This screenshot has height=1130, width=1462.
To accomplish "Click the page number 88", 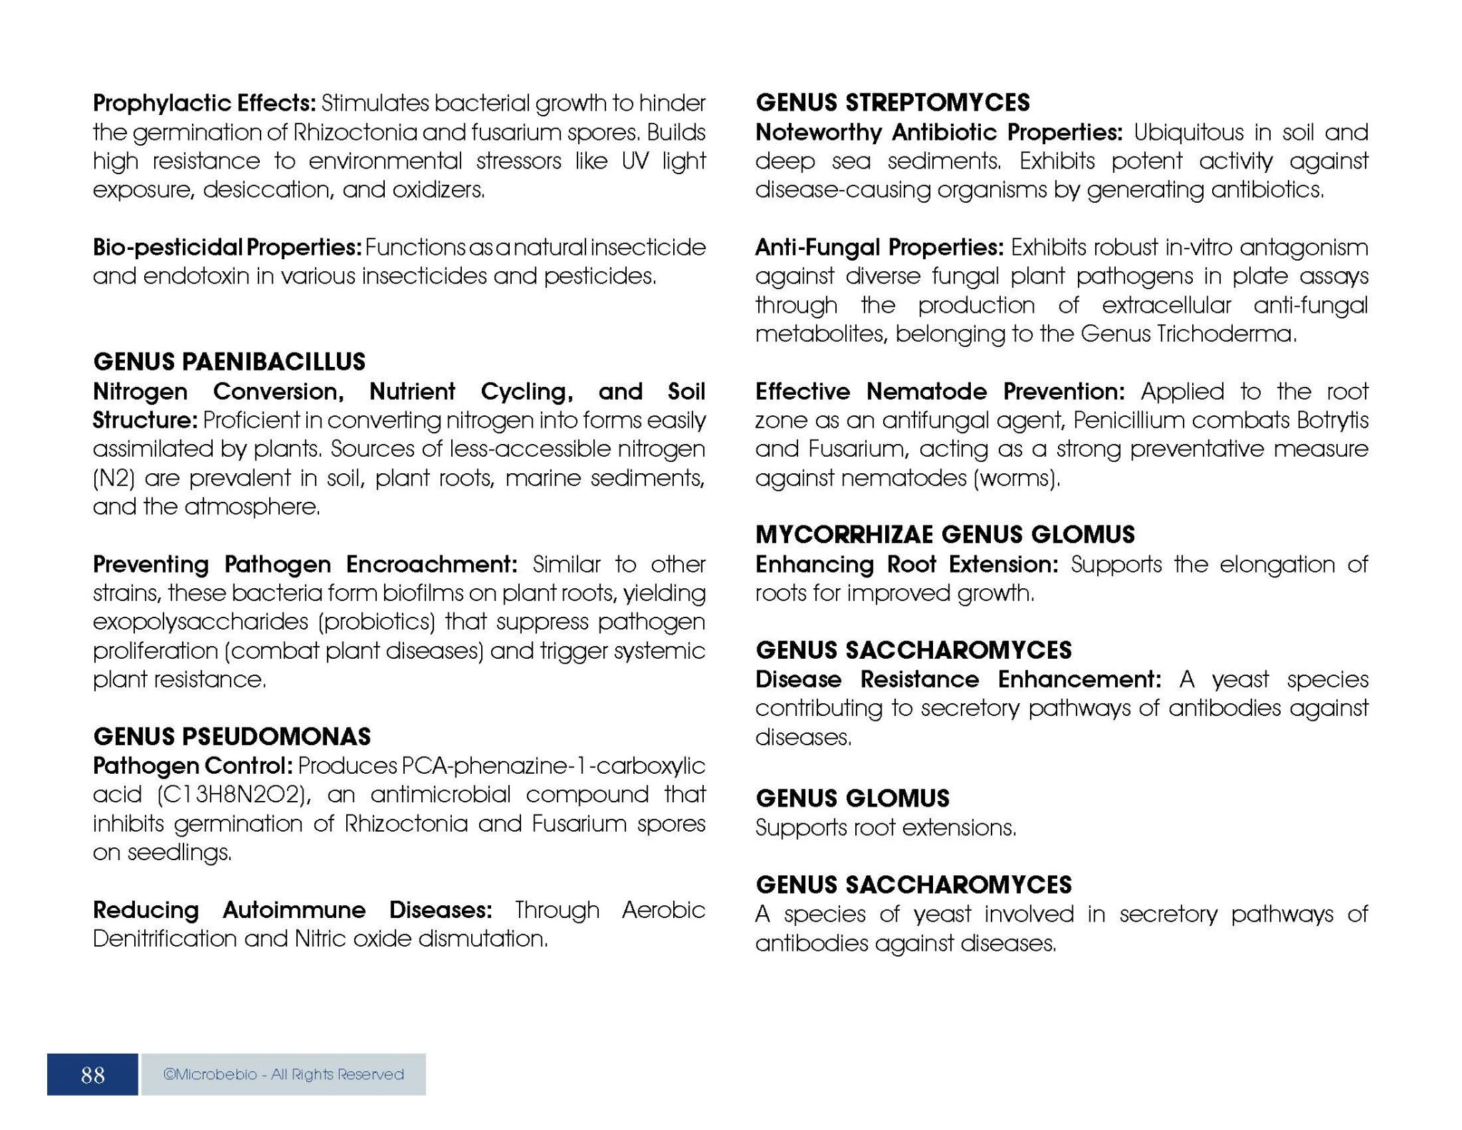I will click(x=93, y=1074).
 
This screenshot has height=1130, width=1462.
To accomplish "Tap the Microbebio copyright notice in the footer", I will click(x=283, y=1074).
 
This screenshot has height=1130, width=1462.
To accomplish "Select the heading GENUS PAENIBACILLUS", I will click(x=229, y=362).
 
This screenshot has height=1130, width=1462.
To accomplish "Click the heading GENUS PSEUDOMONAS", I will click(x=232, y=736).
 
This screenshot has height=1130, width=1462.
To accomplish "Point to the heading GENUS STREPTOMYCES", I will click(x=892, y=103).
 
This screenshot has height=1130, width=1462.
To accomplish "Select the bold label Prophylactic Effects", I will click(x=204, y=104).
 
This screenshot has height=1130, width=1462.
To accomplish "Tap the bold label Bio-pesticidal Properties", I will click(x=227, y=248).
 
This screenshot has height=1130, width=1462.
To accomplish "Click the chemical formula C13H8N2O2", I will click(x=233, y=794).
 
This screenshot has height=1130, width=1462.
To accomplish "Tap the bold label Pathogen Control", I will click(x=193, y=766).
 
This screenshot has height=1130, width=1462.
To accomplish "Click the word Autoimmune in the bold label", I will click(x=294, y=910).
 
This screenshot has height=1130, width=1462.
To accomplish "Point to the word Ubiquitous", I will click(x=1189, y=133).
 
